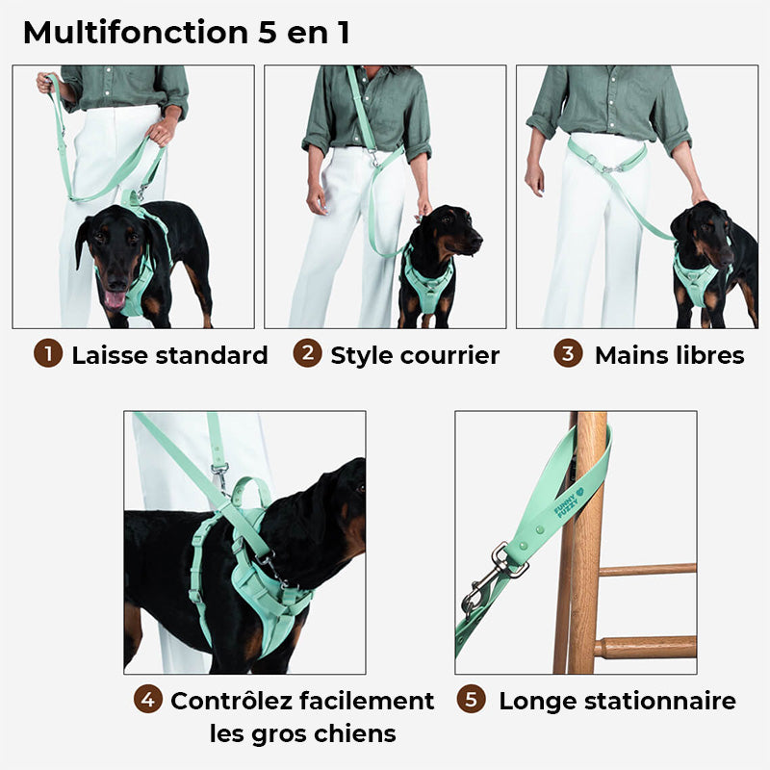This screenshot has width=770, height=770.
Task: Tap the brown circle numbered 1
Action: point(47,354)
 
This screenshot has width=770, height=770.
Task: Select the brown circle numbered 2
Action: point(307,353)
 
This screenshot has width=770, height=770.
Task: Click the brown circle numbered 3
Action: point(568,353)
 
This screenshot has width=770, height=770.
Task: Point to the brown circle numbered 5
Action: point(471,700)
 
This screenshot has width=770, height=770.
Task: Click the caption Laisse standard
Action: point(169,355)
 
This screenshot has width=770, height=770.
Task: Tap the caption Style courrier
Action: point(415,355)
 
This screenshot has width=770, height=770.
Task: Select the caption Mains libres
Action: point(669,355)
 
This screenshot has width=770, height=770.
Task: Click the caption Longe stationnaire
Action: point(617,701)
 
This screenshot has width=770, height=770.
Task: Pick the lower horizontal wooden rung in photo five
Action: point(645,647)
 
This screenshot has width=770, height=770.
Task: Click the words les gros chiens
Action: point(302,733)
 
